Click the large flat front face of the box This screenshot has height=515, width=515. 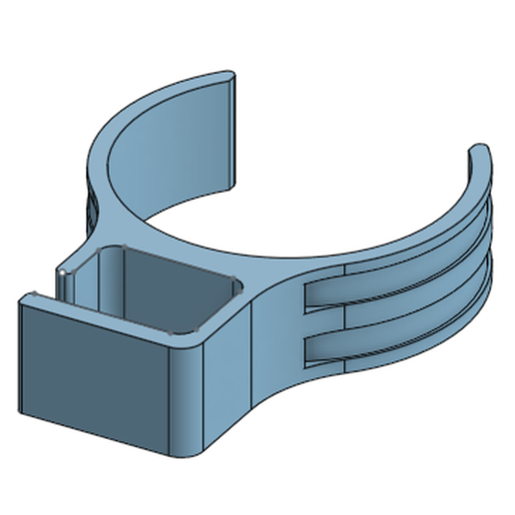click(x=95, y=374)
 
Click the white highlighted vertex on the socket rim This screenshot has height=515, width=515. click(x=61, y=270)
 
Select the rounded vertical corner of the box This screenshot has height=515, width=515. click(x=190, y=399)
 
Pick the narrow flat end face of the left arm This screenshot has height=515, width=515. click(x=241, y=130)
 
